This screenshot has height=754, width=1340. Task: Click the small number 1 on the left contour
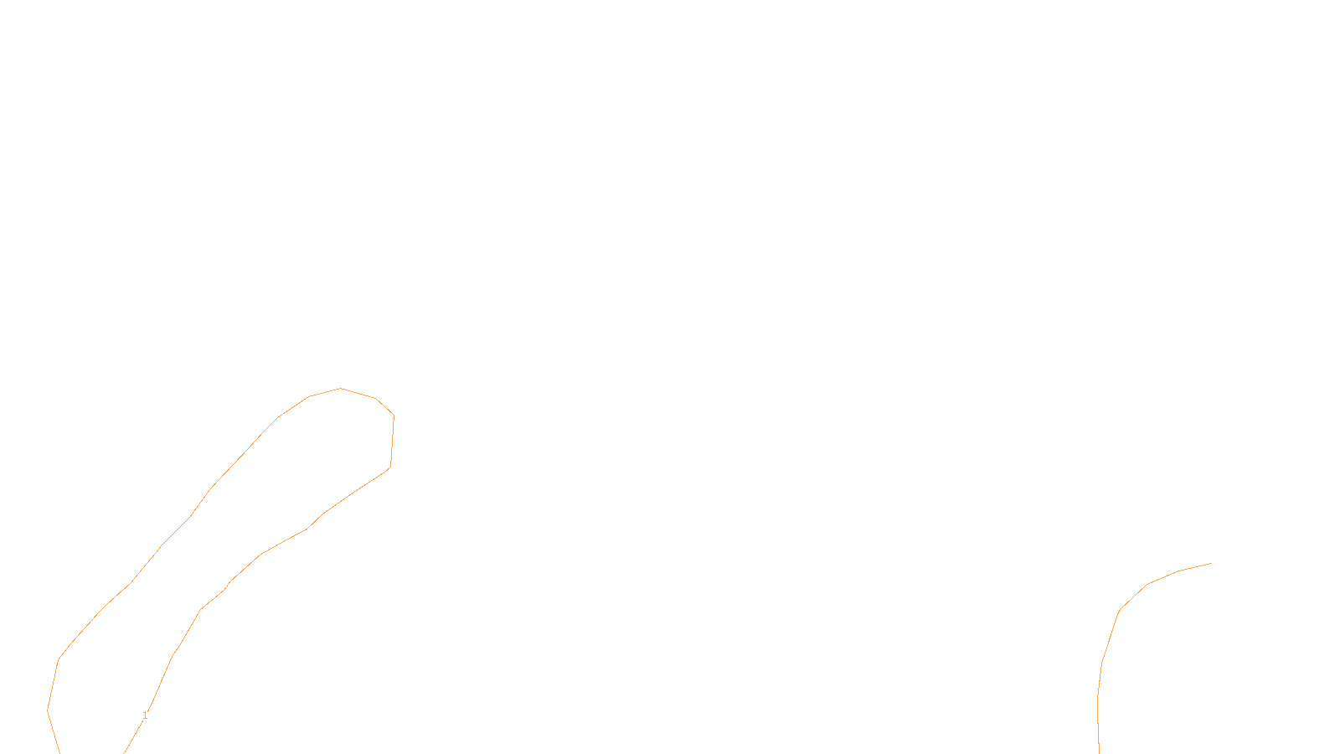coord(145,715)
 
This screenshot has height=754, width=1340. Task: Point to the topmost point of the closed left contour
coord(341,389)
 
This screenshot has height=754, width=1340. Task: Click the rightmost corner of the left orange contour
coord(394,416)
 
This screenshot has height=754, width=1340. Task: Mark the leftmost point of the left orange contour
coord(48,710)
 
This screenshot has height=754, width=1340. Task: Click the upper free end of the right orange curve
coord(1211,564)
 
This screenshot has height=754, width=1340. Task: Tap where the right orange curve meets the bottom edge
coord(1099,752)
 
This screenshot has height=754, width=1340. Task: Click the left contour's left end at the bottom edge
coord(59,752)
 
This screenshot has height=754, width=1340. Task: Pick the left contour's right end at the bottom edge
coord(125,752)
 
